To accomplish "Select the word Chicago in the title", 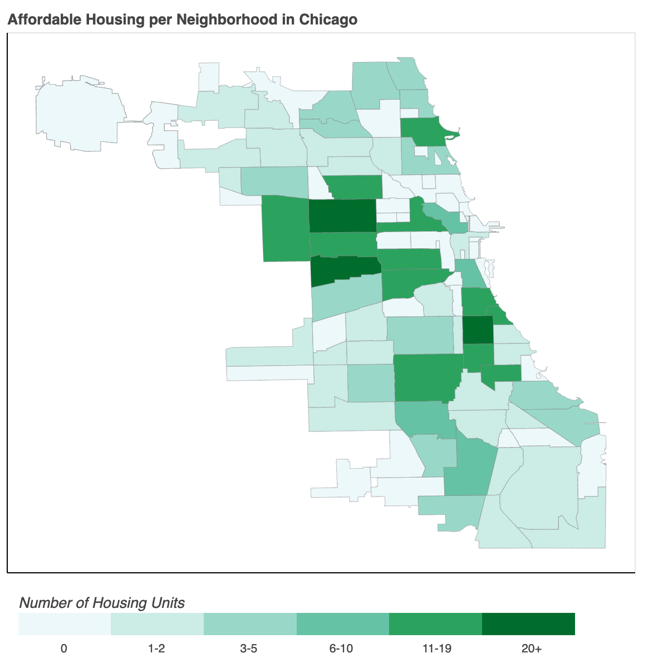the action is (328, 20).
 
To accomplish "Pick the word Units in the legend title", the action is (168, 603).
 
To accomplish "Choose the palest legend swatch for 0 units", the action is (65, 624).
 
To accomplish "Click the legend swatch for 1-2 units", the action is (157, 624).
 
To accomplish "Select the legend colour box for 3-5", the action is (250, 624).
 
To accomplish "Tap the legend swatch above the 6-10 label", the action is (342, 624).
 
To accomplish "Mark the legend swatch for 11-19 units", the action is (435, 624).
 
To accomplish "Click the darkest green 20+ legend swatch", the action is (528, 624).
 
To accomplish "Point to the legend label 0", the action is (64, 649).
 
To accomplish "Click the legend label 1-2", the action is (156, 649).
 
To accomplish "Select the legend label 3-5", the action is (249, 649).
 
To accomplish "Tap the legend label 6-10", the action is (341, 649).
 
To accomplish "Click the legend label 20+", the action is (532, 649).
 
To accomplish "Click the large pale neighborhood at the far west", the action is (78, 111).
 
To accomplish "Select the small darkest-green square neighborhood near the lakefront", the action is (478, 330).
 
